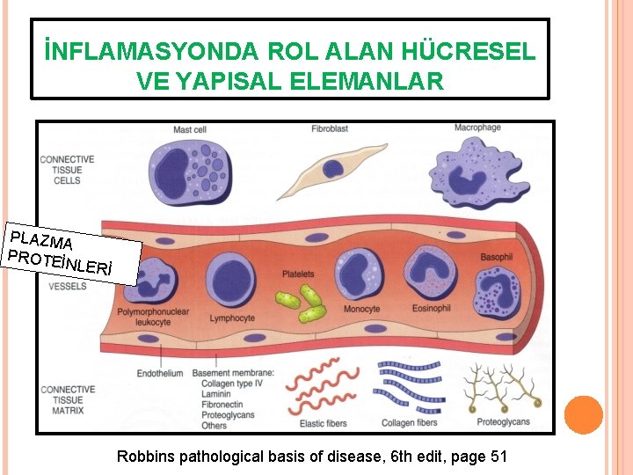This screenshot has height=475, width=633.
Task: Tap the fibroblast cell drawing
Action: coord(336,166)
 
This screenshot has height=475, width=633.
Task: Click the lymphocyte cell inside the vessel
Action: coord(232,281)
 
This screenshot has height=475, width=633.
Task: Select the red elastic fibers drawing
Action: coord(321,387)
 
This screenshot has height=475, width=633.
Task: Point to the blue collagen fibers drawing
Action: coord(410,386)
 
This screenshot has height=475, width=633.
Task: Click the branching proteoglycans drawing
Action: coord(502,387)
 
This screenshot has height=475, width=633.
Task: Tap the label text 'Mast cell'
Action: coord(189,129)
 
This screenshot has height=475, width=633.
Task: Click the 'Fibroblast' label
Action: coord(330,128)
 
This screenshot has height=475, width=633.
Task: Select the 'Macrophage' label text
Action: coord(477,128)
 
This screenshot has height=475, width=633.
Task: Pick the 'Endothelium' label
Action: coord(160,373)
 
